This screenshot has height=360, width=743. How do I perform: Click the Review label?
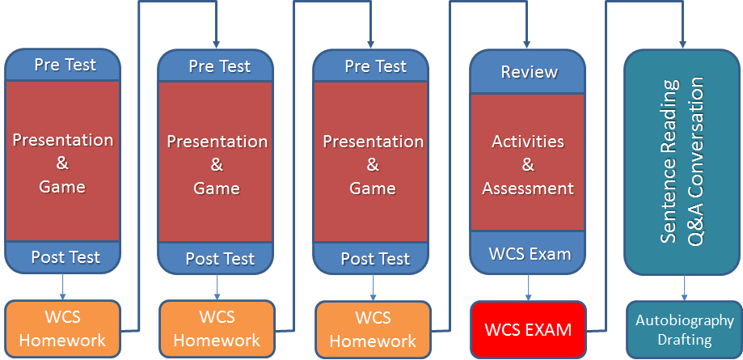tap(530, 72)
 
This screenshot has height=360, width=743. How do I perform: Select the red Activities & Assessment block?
tap(527, 163)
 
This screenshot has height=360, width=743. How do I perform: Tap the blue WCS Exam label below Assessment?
tap(530, 254)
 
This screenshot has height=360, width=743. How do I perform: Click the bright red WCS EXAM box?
tap(528, 329)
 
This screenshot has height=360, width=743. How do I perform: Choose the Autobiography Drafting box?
tap(684, 329)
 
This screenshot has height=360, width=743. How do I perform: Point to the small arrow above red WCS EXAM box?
tap(528, 287)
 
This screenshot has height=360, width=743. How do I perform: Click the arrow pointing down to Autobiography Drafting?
tap(684, 288)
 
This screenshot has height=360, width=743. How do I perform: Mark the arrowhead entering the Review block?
tap(527, 44)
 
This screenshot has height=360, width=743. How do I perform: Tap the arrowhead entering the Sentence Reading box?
tap(683, 44)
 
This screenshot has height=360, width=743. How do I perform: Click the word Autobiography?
tap(685, 321)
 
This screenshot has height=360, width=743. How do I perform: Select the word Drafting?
tap(685, 340)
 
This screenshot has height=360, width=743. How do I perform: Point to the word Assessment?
tap(528, 188)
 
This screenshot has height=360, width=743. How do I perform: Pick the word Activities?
tap(528, 142)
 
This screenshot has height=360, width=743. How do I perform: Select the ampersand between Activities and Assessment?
tap(528, 165)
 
